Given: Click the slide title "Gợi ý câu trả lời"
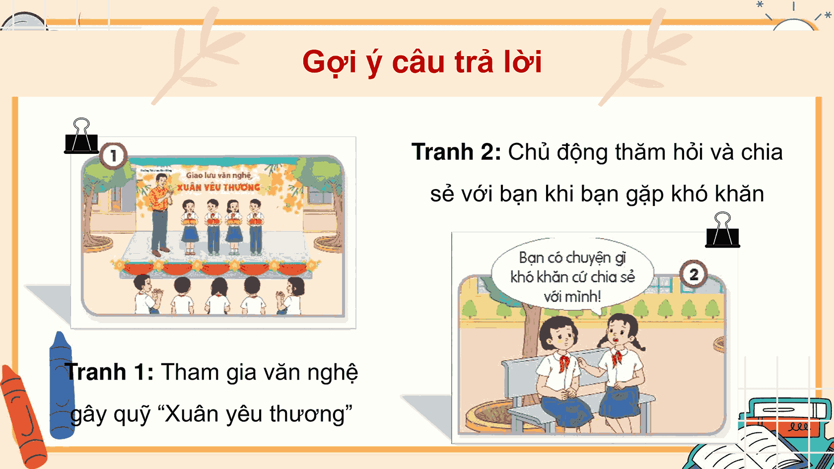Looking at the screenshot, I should click(421, 62).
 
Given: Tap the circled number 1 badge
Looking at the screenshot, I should click(114, 155).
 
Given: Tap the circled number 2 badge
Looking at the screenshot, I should click(694, 274).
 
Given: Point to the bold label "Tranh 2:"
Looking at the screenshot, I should click(456, 152).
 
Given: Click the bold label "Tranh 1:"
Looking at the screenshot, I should click(110, 372).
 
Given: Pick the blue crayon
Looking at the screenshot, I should click(62, 385).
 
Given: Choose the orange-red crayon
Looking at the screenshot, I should click(22, 417).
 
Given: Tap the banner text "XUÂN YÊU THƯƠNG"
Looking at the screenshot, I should click(219, 188).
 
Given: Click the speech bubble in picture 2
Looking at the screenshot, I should click(572, 277).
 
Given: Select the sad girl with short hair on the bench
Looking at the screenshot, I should click(561, 372).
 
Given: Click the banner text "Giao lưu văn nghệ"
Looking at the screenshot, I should click(218, 175).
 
